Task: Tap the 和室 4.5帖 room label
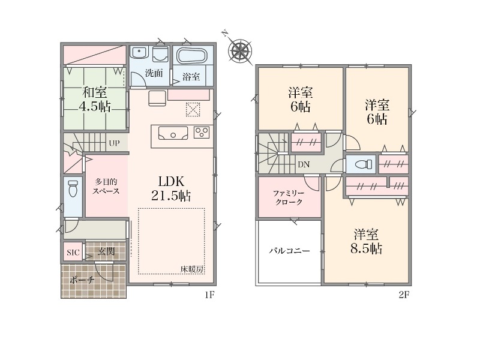coord(95,99)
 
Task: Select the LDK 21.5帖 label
coord(171,188)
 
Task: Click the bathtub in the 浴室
coord(193,56)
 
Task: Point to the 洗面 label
coord(154,73)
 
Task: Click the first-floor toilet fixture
coord(73,188)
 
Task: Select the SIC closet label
coord(73,253)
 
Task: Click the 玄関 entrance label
coord(106,251)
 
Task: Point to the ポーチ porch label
coord(82,280)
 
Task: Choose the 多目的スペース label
coord(106,187)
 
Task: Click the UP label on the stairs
coord(114,143)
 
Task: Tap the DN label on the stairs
coord(304,164)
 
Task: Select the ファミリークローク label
coord(289,198)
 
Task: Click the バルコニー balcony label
coord(289,251)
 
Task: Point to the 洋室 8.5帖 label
coord(366,242)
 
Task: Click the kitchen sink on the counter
coord(173,133)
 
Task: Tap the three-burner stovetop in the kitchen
coord(202,133)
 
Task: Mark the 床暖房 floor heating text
coord(192,269)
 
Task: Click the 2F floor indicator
coord(404,295)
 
